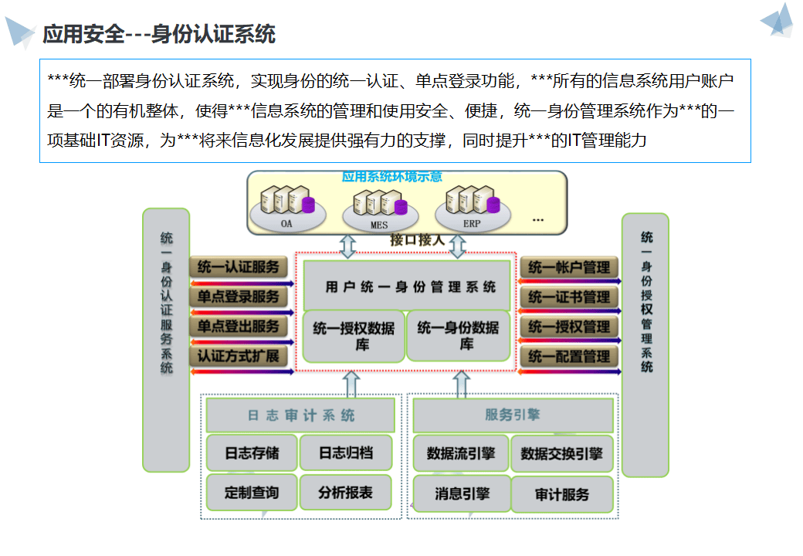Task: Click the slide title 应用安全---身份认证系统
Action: click(159, 34)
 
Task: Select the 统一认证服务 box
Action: click(238, 267)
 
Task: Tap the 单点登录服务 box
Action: click(238, 297)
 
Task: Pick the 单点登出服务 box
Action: click(238, 327)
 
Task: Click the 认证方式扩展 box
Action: click(238, 356)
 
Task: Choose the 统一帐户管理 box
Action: click(569, 267)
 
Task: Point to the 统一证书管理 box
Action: click(569, 297)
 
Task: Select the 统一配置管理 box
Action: click(569, 356)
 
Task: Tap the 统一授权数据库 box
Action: click(354, 336)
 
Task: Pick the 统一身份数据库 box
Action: click(458, 336)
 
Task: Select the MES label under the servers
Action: click(379, 225)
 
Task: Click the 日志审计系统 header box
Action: click(300, 415)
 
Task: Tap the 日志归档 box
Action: click(345, 453)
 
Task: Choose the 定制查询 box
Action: click(251, 492)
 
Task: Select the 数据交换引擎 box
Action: click(561, 453)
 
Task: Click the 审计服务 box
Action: click(561, 494)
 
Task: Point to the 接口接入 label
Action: click(417, 240)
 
